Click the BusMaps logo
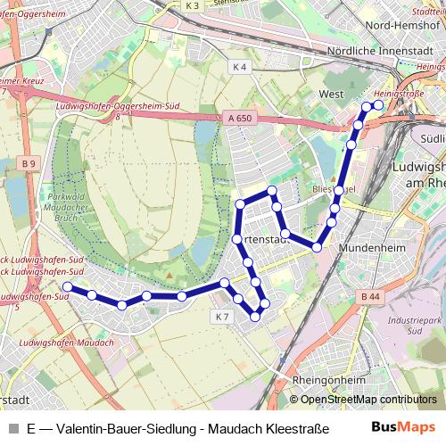(x=403, y=427)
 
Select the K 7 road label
(x=222, y=317)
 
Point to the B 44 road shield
(x=371, y=295)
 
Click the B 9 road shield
(x=29, y=163)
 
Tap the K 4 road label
(x=238, y=67)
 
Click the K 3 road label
(x=193, y=5)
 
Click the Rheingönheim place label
(x=327, y=379)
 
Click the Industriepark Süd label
(x=411, y=325)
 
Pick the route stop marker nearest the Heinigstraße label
(x=378, y=105)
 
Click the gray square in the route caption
(x=11, y=428)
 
